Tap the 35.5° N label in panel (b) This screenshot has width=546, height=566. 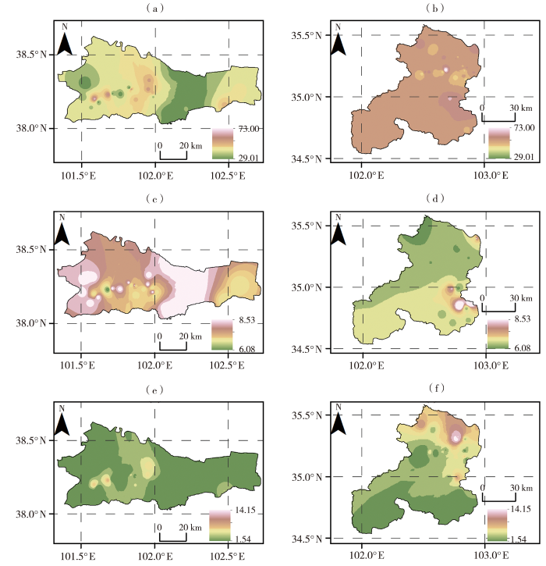pyautogui.click(x=307, y=36)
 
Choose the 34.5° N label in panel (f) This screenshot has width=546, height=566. pyautogui.click(x=307, y=539)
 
